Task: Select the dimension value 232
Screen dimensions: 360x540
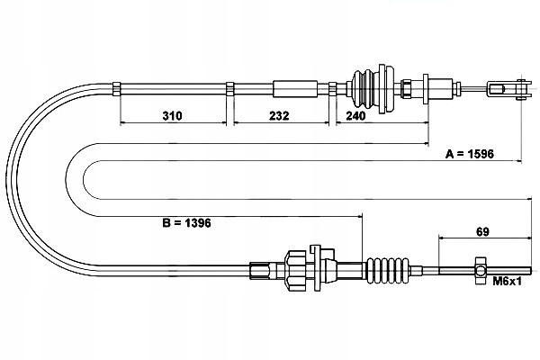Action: (279, 116)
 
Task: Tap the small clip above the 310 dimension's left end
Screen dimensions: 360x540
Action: (117, 87)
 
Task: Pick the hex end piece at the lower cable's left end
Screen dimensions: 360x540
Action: (259, 268)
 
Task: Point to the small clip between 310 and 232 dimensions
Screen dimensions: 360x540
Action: (229, 87)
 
